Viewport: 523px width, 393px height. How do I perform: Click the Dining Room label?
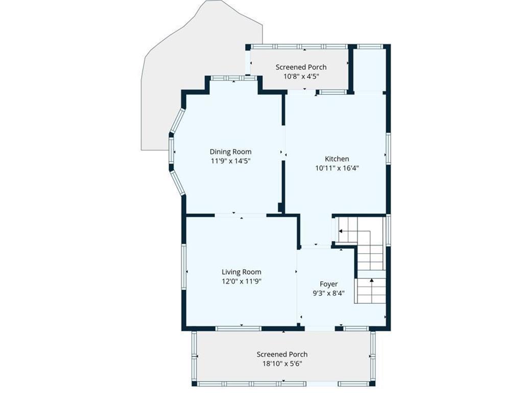pyautogui.click(x=230, y=151)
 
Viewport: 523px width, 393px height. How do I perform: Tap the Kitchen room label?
pyautogui.click(x=337, y=159)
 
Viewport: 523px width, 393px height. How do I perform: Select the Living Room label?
pyautogui.click(x=242, y=272)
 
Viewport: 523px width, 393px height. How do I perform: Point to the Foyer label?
pyautogui.click(x=328, y=284)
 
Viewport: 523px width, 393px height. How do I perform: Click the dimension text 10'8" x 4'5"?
pyautogui.click(x=301, y=76)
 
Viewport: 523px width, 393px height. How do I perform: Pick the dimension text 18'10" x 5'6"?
pyautogui.click(x=282, y=364)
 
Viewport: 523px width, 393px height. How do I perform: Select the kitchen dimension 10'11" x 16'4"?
pyautogui.click(x=337, y=168)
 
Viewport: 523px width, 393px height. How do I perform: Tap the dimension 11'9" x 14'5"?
pyautogui.click(x=230, y=161)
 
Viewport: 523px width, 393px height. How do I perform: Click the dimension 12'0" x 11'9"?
pyautogui.click(x=242, y=281)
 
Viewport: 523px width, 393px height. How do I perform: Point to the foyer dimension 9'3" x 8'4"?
pyautogui.click(x=328, y=293)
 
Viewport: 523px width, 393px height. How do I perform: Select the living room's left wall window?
pyautogui.click(x=184, y=267)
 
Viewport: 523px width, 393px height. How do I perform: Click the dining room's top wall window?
pyautogui.click(x=234, y=78)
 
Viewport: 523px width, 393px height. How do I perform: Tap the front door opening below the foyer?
pyautogui.click(x=320, y=329)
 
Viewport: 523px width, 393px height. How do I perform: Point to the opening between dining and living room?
pyautogui.click(x=241, y=215)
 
